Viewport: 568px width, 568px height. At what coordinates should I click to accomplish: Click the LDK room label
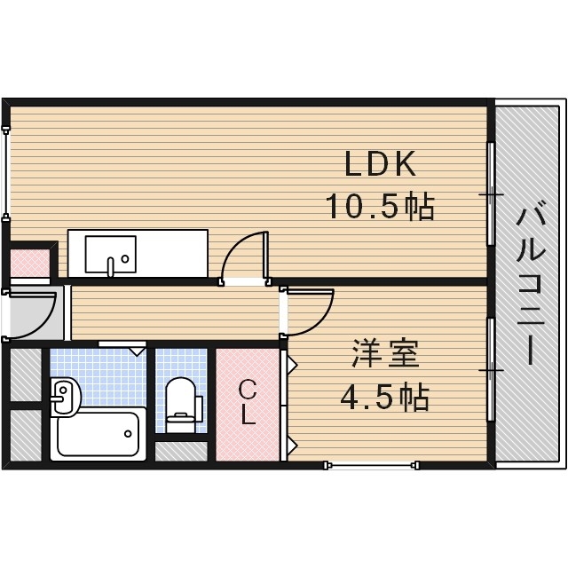point(380,164)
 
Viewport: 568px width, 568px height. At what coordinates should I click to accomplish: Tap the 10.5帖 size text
point(378,207)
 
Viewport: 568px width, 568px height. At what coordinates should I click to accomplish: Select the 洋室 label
point(384,355)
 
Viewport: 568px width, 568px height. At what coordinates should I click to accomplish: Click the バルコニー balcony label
point(530,285)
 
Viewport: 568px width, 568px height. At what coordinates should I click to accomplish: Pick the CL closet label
point(248,402)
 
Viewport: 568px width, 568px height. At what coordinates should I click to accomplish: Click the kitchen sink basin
point(110,254)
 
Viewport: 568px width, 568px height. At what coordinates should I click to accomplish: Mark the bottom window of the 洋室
point(370,463)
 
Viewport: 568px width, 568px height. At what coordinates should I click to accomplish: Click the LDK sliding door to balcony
point(490,193)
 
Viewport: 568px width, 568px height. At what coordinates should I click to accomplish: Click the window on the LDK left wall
point(7,174)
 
